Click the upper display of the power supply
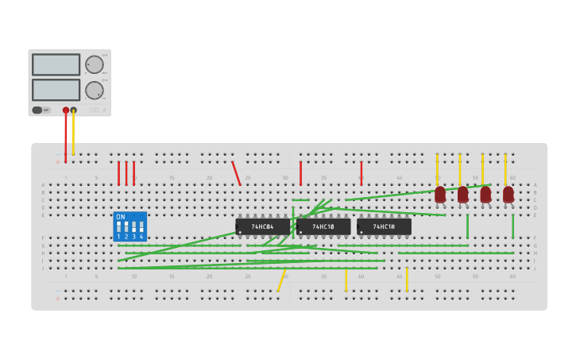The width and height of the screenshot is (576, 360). pos(56,64)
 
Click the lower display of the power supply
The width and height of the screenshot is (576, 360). pos(56,89)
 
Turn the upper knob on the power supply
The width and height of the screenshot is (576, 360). pos(95,65)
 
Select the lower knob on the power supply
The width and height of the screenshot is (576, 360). pos(95,90)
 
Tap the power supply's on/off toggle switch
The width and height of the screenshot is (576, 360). pos(37,110)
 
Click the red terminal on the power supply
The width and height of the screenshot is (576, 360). pos(66,110)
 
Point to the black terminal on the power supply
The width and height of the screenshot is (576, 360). pos(74,110)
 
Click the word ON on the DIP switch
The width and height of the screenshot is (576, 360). pos(121,217)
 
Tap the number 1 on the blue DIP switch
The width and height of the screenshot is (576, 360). pos(118,237)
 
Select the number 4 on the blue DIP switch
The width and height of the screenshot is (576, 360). pos(141,237)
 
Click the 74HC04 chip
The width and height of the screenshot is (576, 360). pos(262,226)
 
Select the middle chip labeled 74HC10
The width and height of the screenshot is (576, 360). pos(323,226)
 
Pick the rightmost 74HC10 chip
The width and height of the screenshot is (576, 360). pos(384,226)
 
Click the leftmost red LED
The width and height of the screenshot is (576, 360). pos(440,194)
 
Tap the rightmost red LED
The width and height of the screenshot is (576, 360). pos(508,194)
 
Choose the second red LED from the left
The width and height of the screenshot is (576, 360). pos(462,194)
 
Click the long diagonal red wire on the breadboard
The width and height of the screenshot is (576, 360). pos(236,173)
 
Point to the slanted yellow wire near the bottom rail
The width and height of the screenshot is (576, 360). pos(281,281)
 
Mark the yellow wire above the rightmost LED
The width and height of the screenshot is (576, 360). pos(505,168)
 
